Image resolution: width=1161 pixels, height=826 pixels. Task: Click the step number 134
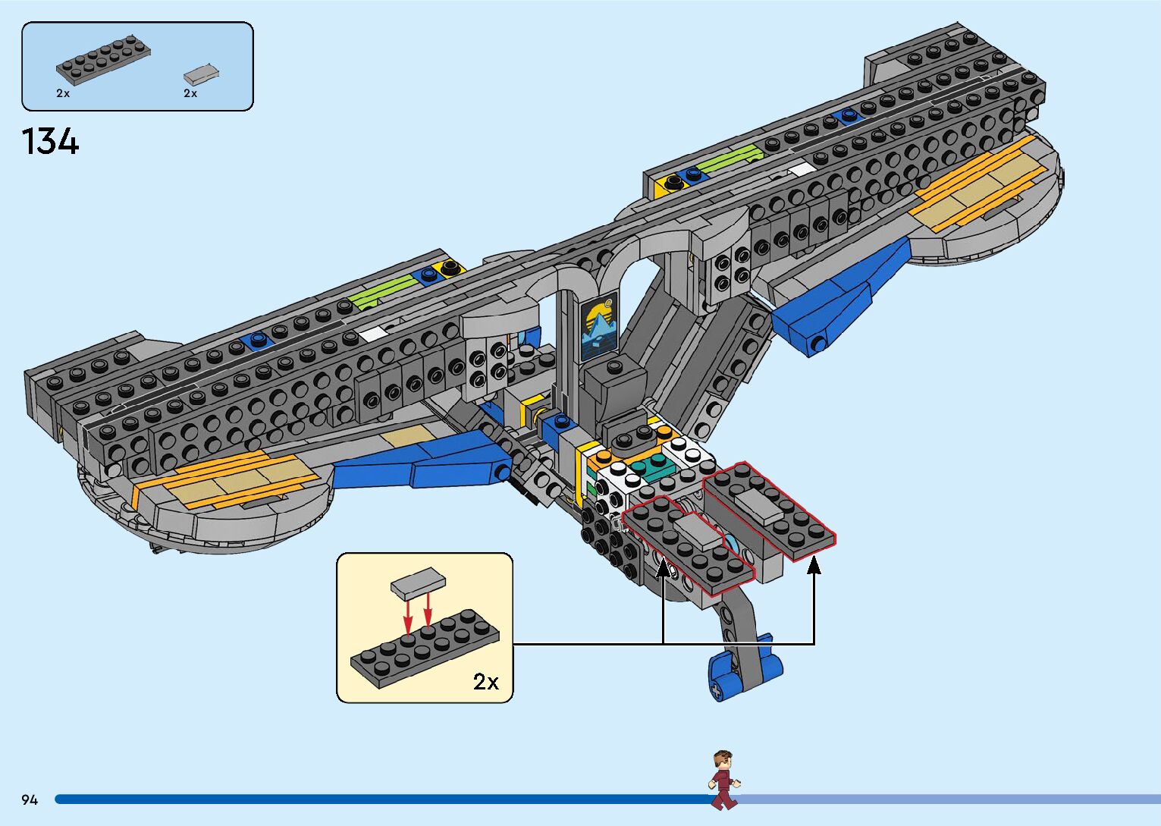click(50, 142)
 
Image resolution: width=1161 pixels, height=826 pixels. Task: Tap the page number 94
click(30, 799)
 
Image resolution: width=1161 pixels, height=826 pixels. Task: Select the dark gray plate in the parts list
click(102, 61)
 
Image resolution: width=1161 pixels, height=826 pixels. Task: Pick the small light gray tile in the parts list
click(201, 74)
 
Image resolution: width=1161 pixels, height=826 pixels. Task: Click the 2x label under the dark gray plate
click(63, 93)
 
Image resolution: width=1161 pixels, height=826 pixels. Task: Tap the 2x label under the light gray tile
click(190, 93)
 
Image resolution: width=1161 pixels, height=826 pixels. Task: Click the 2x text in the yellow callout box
click(486, 681)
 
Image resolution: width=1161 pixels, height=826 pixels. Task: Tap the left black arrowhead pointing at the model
click(663, 565)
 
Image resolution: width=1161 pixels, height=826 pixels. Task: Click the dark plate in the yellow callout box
click(425, 649)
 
